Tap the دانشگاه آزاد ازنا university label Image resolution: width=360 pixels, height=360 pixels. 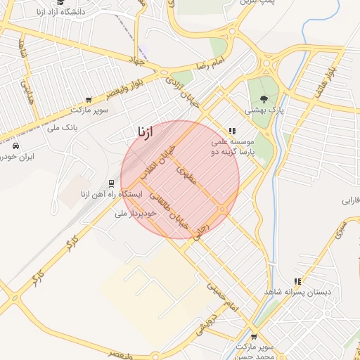58,12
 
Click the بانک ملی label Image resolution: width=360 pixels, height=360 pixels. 61,127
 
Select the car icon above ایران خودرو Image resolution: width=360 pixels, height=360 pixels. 15,146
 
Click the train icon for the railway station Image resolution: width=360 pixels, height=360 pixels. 110,183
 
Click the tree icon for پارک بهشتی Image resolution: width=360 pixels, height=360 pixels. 264,99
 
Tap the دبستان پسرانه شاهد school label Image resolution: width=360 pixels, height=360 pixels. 297,291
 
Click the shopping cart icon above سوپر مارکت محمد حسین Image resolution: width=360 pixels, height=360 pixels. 254,337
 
